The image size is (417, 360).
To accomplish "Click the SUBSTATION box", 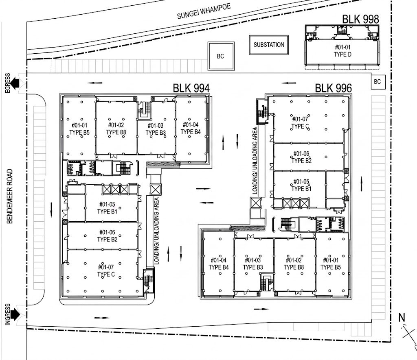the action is (269, 45).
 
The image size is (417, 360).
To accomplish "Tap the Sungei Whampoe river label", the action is (204, 11).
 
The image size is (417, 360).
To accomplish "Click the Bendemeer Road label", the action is (10, 196).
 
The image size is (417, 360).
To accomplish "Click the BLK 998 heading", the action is (360, 19).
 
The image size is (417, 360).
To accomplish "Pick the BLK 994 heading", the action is (191, 88).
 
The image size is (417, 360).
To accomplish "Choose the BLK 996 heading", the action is (334, 88).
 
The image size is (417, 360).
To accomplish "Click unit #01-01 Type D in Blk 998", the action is (342, 51).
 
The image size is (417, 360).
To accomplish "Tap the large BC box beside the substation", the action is (221, 56).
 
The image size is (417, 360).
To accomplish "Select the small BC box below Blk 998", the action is (377, 82).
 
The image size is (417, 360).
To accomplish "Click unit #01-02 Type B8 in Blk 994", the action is (116, 128).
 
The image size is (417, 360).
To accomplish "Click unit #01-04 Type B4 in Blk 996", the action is (219, 264).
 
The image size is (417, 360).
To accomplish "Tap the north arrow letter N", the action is (402, 318).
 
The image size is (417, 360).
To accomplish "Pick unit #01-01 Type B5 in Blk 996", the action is (331, 264).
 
